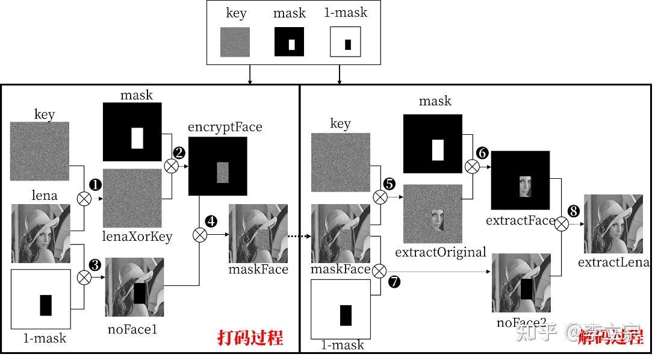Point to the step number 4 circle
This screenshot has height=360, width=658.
point(211,222)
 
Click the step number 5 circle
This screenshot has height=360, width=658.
point(390,183)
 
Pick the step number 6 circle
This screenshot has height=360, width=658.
point(482,153)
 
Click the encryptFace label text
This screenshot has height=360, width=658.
point(225,127)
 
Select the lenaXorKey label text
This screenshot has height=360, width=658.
point(138,236)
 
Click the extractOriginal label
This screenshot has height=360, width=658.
point(441,252)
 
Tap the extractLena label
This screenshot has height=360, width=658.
point(613,262)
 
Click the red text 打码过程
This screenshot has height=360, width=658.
point(250,337)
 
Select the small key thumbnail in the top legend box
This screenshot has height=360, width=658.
point(235,42)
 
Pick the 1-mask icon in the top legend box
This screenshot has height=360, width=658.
point(346,42)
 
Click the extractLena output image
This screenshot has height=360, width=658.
point(613,223)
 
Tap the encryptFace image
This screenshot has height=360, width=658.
point(218,166)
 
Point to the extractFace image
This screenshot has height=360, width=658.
point(521,181)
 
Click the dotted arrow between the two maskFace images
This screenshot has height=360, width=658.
point(299,237)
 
